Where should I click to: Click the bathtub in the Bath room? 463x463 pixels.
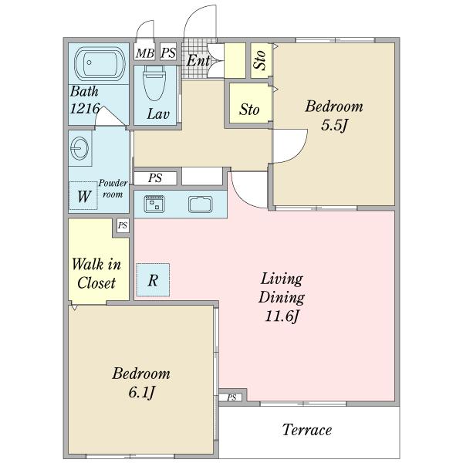[x=100, y=63]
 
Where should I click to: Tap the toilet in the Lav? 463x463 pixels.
[x=154, y=83]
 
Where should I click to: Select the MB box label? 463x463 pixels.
[x=145, y=53]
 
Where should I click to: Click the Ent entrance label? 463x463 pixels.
[x=198, y=60]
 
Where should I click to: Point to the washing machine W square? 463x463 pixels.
[x=83, y=195]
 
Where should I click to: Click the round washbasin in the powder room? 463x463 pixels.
[x=79, y=148]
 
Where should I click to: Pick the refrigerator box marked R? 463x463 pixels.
[x=153, y=280]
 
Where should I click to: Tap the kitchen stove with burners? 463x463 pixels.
[x=154, y=204]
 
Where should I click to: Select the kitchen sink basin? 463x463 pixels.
[x=201, y=204]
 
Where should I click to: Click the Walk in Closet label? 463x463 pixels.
[x=96, y=273]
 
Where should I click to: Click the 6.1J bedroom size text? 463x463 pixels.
[x=141, y=393]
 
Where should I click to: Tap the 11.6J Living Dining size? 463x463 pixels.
[x=282, y=316]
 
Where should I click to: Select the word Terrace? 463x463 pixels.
[x=307, y=430]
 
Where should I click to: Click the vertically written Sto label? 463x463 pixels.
[x=260, y=60]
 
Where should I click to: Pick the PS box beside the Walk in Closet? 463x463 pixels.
[x=123, y=225]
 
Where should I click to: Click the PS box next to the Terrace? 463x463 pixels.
[x=231, y=397]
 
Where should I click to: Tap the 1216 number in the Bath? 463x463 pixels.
[x=85, y=109]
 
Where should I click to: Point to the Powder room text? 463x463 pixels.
[x=113, y=189]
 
